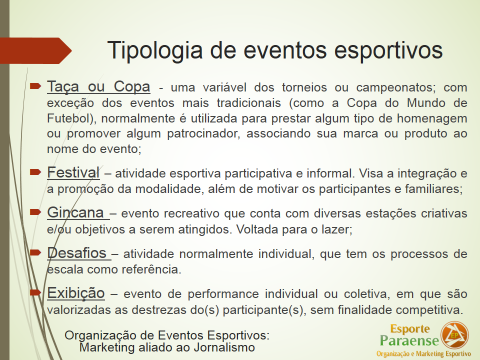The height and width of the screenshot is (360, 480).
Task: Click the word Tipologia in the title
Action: tap(155, 50)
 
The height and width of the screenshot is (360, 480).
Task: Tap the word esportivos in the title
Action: tap(388, 50)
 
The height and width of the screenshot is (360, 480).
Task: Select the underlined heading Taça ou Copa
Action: tap(98, 86)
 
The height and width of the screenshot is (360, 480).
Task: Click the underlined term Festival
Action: tap(73, 172)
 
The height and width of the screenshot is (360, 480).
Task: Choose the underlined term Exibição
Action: tap(76, 293)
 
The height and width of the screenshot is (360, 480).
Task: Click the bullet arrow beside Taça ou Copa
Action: tap(35, 86)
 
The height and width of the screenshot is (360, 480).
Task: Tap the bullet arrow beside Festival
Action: tap(35, 172)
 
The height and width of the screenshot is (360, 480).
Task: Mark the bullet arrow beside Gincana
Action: tap(35, 212)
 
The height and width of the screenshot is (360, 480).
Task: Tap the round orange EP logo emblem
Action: tap(454, 335)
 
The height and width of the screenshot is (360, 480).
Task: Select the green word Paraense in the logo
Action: tap(409, 340)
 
